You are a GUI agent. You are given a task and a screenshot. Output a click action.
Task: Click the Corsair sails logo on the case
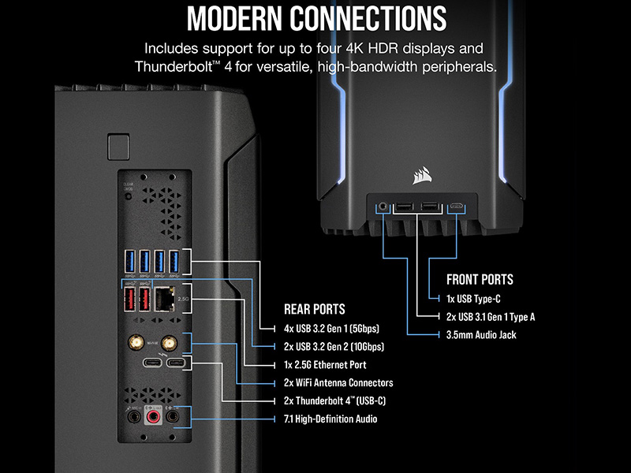click(422, 176)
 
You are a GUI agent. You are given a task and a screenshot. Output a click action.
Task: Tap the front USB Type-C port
click(457, 207)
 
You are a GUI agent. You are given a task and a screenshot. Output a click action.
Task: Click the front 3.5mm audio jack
click(383, 207)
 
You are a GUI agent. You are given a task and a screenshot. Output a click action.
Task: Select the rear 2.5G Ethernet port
click(165, 300)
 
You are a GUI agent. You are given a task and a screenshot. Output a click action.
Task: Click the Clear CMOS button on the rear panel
click(129, 196)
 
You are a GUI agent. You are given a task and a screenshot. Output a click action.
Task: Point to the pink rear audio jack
click(153, 416)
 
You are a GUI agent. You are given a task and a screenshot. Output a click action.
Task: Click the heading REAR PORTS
click(314, 309)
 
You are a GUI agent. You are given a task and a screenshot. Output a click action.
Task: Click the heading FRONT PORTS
click(480, 280)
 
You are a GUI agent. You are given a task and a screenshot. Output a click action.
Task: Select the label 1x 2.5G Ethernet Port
click(325, 365)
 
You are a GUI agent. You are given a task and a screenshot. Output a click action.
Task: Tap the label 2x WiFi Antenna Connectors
click(338, 382)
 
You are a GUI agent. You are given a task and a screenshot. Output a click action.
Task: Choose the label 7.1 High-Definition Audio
click(330, 419)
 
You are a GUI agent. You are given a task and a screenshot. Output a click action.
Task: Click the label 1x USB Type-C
click(473, 299)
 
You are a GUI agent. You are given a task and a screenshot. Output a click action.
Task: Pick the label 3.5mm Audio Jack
click(481, 335)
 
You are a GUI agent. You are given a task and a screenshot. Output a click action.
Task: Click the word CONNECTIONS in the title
click(368, 18)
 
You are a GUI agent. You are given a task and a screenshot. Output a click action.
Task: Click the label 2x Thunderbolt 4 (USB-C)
click(334, 401)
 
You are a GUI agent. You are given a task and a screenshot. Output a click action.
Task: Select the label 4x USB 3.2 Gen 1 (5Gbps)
click(331, 329)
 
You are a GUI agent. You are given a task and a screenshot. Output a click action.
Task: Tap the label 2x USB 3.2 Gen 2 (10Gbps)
click(334, 347)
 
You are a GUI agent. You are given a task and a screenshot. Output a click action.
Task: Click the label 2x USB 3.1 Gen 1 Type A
click(491, 317)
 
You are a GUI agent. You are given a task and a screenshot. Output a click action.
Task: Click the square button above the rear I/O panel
click(119, 147)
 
